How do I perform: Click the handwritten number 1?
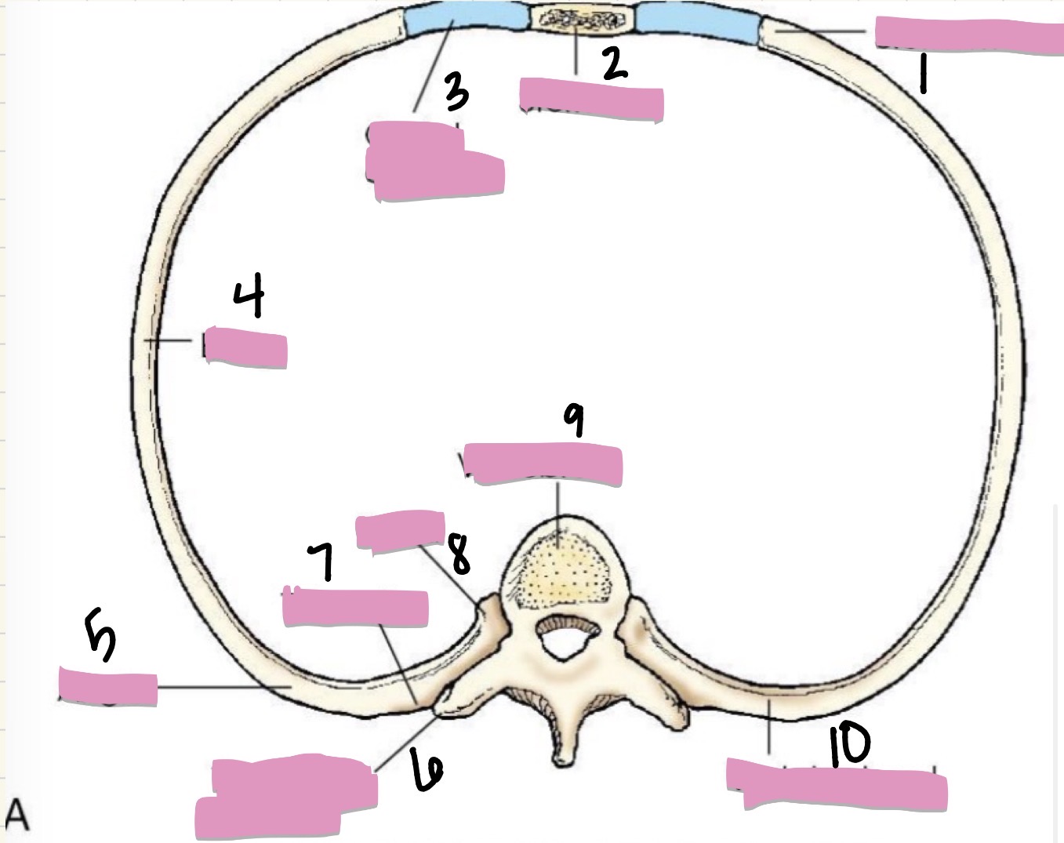[923, 74]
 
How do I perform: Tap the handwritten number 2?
[615, 64]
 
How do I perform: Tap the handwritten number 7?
[322, 561]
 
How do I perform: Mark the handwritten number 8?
[460, 555]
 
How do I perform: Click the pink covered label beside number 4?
[245, 347]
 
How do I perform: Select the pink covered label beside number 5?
[107, 686]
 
